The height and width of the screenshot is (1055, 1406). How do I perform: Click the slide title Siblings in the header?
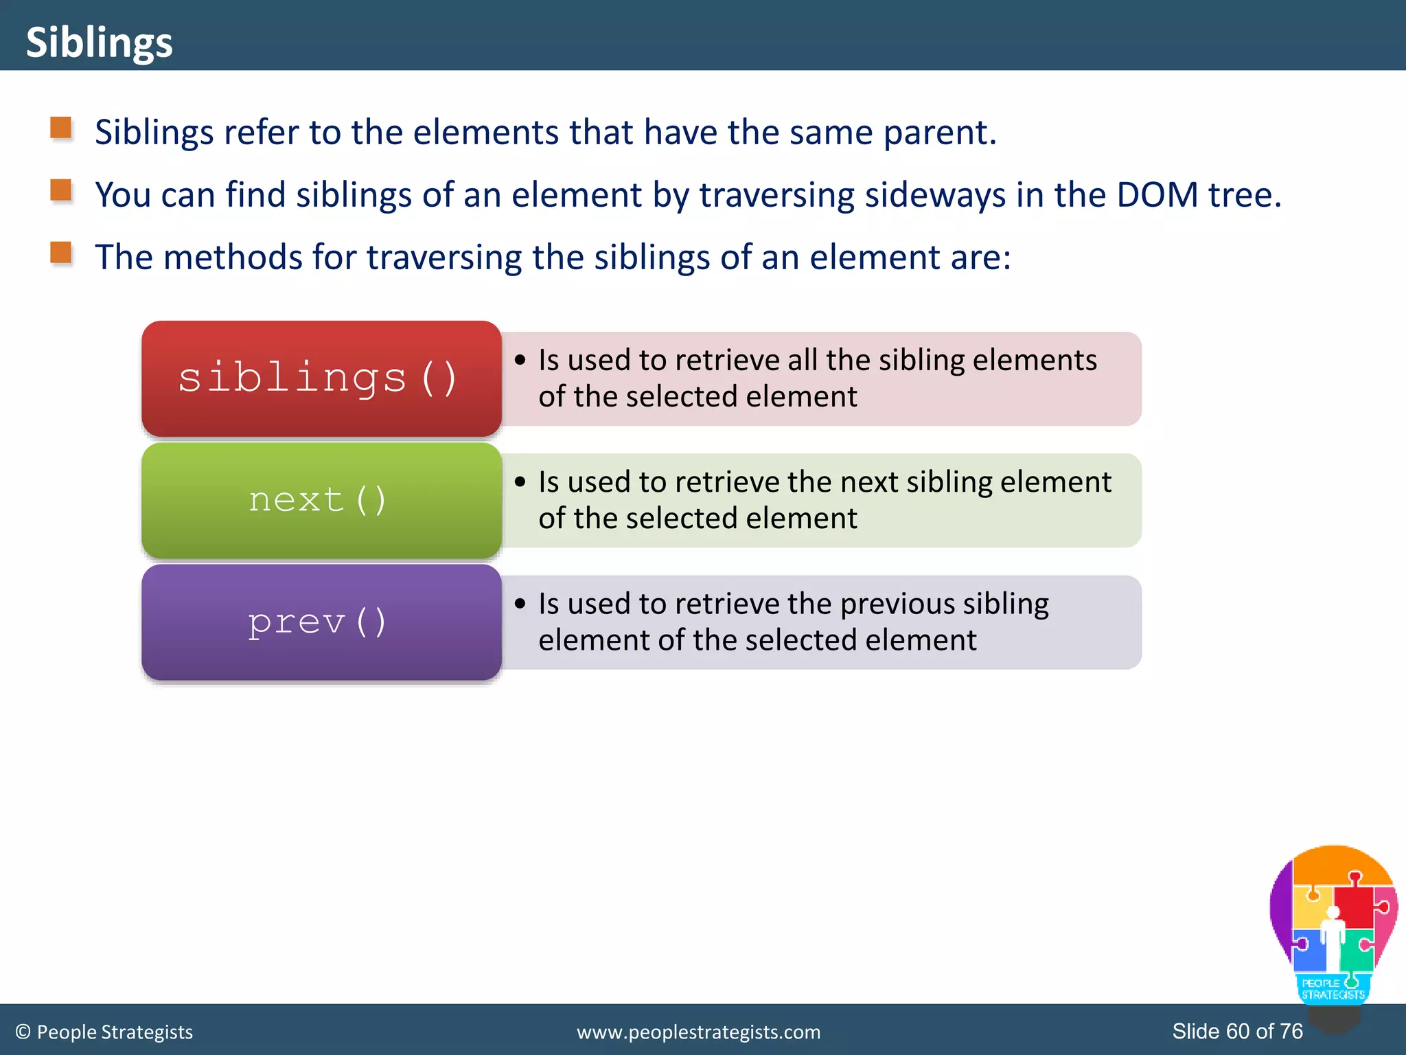click(x=99, y=43)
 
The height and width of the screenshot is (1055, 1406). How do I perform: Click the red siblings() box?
click(x=321, y=378)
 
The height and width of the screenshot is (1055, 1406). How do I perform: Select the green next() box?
click(x=321, y=500)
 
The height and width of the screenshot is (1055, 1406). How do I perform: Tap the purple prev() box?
click(x=321, y=622)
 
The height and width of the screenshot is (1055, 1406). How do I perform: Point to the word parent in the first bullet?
click(x=938, y=133)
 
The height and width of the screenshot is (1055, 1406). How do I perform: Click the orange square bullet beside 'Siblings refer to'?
click(x=61, y=128)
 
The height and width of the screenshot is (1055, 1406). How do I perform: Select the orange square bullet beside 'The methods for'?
click(x=61, y=253)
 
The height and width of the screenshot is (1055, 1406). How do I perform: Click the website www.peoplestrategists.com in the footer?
click(x=698, y=1032)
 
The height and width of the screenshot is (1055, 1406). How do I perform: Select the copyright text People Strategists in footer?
click(x=114, y=1032)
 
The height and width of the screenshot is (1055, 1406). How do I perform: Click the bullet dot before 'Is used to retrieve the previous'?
click(x=520, y=604)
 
